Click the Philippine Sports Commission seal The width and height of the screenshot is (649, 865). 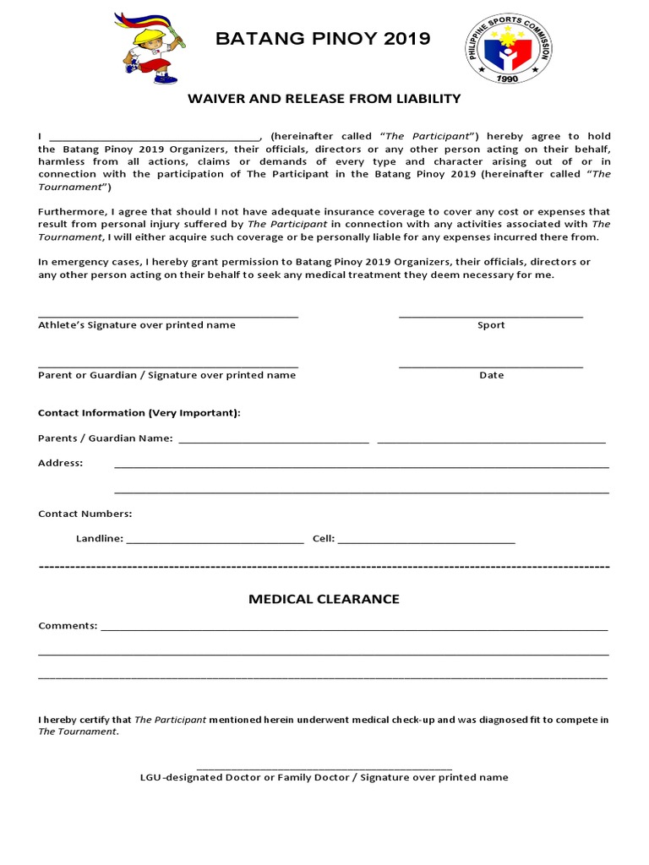tap(509, 48)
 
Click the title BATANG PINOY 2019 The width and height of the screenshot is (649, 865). tap(323, 39)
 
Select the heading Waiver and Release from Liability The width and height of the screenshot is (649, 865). tap(324, 99)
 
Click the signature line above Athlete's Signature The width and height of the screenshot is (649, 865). tap(167, 316)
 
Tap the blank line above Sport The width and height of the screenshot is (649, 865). tap(490, 316)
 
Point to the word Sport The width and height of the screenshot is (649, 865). tap(491, 325)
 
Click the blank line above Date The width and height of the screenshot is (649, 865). tap(490, 366)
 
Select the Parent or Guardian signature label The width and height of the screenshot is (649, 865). tap(167, 375)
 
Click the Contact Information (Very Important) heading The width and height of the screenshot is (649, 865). tap(139, 413)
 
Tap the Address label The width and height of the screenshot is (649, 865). tap(61, 463)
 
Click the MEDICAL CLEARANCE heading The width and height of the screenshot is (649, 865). tap(324, 599)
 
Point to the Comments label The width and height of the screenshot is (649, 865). tap(68, 626)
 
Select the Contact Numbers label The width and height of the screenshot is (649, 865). tap(85, 514)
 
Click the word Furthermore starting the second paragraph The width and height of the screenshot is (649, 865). tap(70, 211)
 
